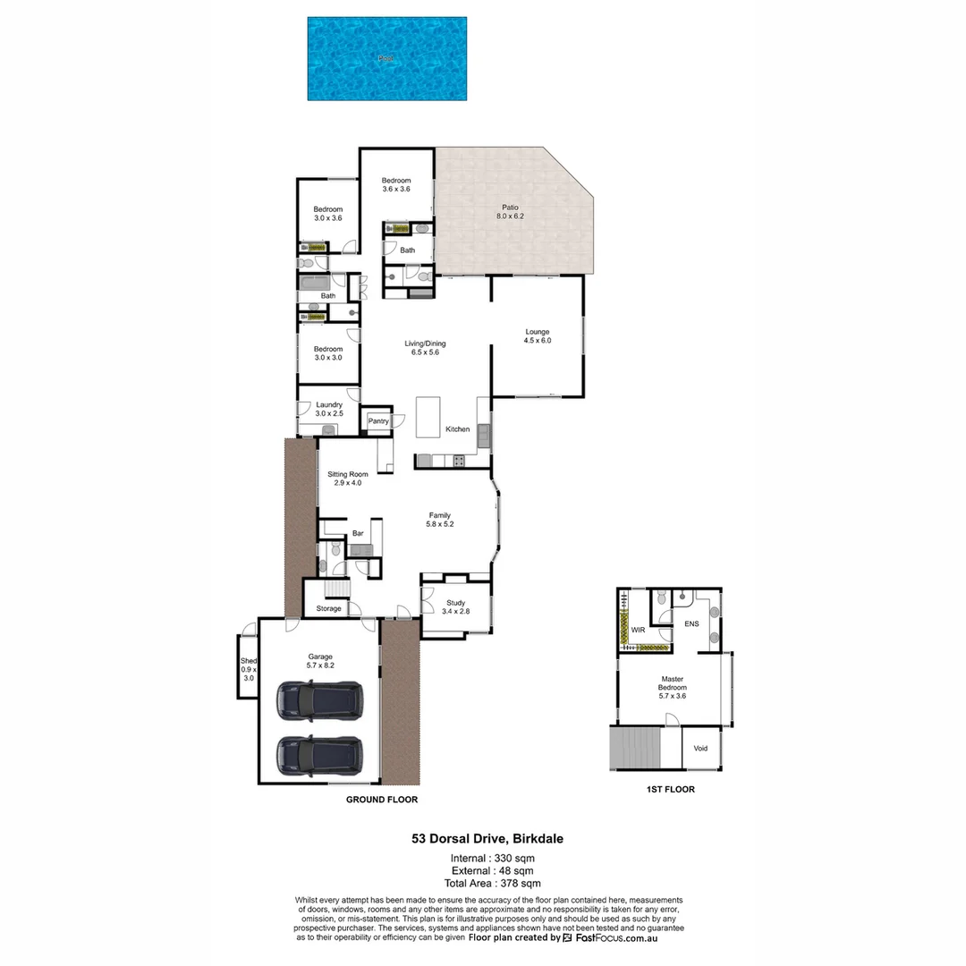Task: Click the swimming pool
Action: (386, 58)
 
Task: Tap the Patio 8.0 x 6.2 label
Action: (510, 212)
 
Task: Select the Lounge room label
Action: (538, 336)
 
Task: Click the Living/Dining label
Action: (425, 348)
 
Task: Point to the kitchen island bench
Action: (428, 418)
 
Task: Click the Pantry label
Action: (377, 421)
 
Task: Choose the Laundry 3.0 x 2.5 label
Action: (328, 409)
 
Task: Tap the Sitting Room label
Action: (347, 479)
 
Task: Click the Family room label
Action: (439, 520)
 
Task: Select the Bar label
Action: (358, 534)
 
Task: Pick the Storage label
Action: (328, 609)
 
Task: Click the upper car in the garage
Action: (319, 700)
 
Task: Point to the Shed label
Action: (248, 669)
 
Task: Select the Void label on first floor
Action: (700, 749)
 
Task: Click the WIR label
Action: (638, 631)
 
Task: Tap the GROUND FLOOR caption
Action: (382, 800)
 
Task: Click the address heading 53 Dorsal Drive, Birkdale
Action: (487, 839)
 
